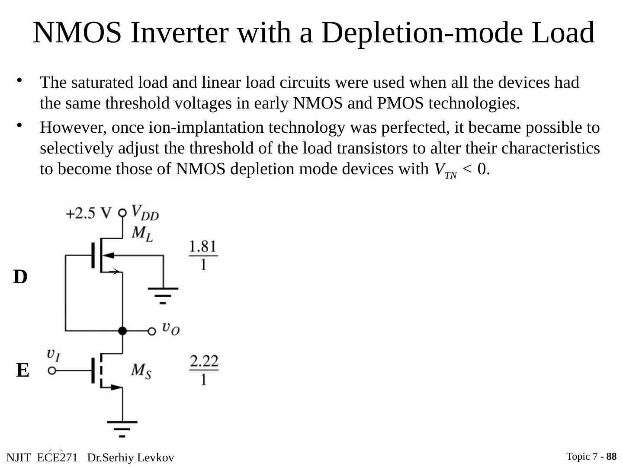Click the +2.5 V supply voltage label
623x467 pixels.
click(x=88, y=214)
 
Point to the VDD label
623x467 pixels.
click(x=145, y=212)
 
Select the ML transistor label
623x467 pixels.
click(x=142, y=234)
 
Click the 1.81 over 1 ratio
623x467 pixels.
click(x=203, y=255)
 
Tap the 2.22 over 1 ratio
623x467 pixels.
click(x=204, y=371)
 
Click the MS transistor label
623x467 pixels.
click(x=141, y=371)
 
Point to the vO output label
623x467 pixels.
click(x=171, y=329)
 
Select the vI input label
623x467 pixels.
click(x=54, y=355)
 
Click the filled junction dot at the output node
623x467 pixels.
click(x=122, y=331)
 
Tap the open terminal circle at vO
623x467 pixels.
click(x=152, y=331)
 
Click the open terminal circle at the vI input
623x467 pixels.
click(x=52, y=371)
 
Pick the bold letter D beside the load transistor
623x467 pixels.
click(x=20, y=277)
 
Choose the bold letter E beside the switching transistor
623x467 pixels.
click(x=23, y=371)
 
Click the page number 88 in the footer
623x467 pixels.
click(x=611, y=457)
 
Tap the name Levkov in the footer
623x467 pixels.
click(x=157, y=458)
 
